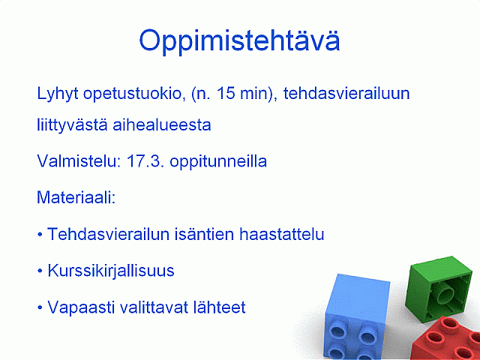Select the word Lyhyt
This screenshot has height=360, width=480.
pyautogui.click(x=58, y=94)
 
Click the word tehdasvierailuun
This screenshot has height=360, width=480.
pyautogui.click(x=346, y=93)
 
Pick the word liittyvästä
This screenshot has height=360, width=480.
pyautogui.click(x=72, y=125)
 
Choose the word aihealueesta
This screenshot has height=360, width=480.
pyautogui.click(x=162, y=125)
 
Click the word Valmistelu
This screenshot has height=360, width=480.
pyautogui.click(x=79, y=160)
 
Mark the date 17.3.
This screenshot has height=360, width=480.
pyautogui.click(x=145, y=161)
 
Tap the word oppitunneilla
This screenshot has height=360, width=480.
pyautogui.click(x=218, y=161)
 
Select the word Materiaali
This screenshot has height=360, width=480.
pyautogui.click(x=76, y=197)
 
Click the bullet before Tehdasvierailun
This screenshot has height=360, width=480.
pyautogui.click(x=40, y=235)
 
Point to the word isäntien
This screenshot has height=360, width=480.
pyautogui.click(x=205, y=234)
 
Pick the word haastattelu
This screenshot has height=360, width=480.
pyautogui.click(x=282, y=234)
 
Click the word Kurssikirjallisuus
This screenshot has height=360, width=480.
pyautogui.click(x=111, y=271)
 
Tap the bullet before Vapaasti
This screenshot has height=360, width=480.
pyautogui.click(x=40, y=308)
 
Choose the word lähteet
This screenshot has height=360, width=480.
pyautogui.click(x=219, y=307)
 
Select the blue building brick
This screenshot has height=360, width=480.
pyautogui.click(x=357, y=317)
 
